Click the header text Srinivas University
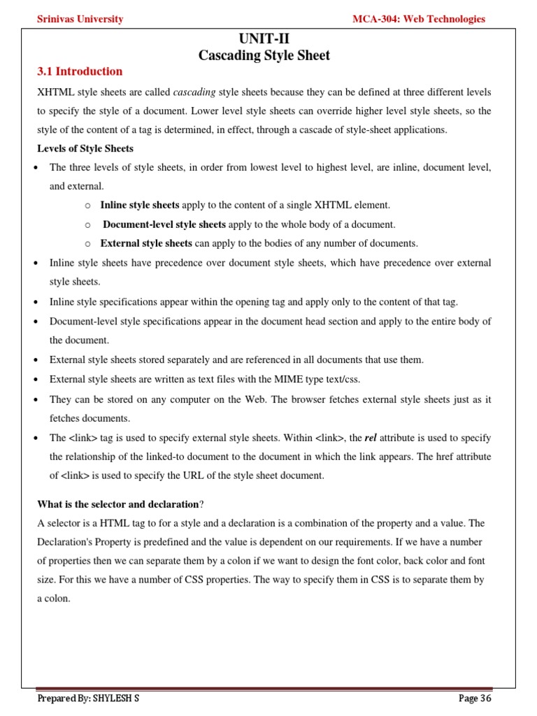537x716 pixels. [80, 19]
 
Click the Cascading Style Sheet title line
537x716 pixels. [264, 55]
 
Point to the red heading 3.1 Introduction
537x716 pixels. [79, 71]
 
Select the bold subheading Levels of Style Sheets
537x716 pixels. [85, 148]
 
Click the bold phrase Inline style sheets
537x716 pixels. [140, 205]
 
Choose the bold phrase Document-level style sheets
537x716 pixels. [164, 224]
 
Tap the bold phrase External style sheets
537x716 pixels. [146, 243]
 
